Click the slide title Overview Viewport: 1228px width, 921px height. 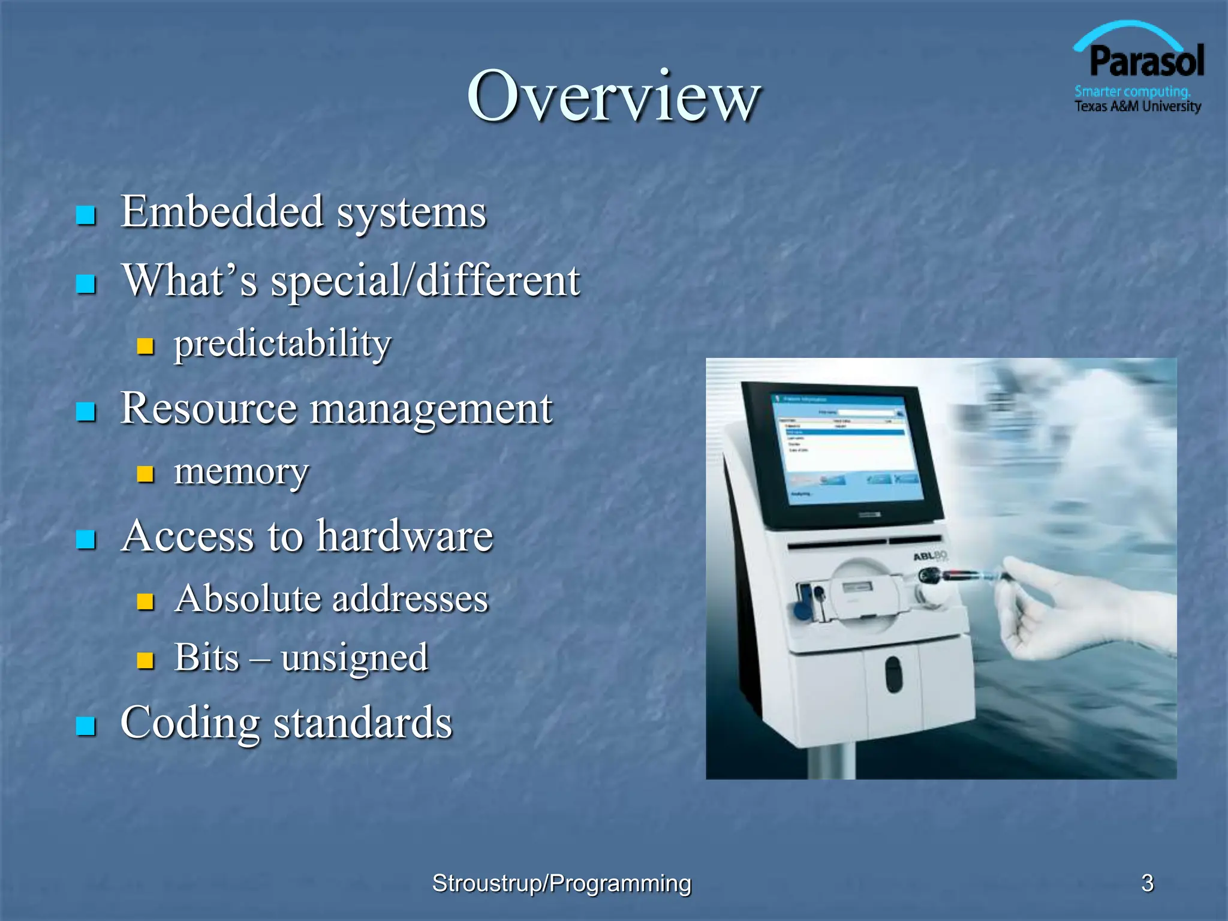click(x=613, y=96)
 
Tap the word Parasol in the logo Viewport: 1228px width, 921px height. click(x=1146, y=62)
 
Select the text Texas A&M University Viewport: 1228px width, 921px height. click(x=1137, y=107)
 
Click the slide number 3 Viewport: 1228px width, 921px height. click(x=1147, y=883)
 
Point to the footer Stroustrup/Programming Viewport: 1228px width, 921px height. click(x=561, y=883)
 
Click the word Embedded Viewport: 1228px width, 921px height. click(x=222, y=212)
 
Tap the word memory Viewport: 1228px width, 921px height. click(x=241, y=471)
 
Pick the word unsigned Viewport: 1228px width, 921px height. click(x=354, y=658)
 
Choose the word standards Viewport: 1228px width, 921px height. click(x=363, y=723)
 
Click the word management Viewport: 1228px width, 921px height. click(x=431, y=408)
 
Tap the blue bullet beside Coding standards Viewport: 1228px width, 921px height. click(x=86, y=726)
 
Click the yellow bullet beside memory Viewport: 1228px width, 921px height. click(x=145, y=474)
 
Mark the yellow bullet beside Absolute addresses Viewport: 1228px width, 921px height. click(x=145, y=601)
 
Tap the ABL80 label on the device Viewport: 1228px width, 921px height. click(x=930, y=556)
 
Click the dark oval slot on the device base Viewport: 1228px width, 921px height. click(x=893, y=673)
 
